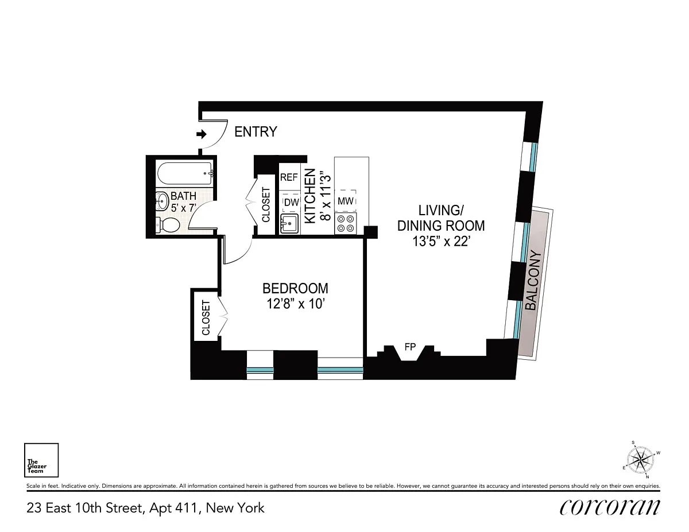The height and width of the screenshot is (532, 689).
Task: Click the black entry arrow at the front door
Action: (202, 134)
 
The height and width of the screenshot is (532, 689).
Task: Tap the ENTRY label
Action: (256, 132)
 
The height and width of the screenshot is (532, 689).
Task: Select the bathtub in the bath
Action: (185, 173)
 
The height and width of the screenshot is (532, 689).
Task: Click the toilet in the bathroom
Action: (168, 225)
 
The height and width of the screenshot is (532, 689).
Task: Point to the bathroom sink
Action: (162, 201)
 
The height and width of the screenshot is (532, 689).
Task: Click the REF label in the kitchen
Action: (289, 177)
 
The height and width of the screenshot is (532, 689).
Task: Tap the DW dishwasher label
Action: (292, 203)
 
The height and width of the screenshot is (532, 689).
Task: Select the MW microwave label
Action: (345, 201)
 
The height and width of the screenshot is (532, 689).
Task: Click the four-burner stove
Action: (346, 223)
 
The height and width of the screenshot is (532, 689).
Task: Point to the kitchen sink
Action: (289, 224)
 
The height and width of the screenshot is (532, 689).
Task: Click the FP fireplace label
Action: (410, 347)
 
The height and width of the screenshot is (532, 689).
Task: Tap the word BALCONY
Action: (534, 280)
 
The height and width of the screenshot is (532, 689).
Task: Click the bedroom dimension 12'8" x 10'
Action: (296, 304)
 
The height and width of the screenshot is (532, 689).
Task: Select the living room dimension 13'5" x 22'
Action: (441, 242)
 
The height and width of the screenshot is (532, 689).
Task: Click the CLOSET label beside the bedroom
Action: (206, 318)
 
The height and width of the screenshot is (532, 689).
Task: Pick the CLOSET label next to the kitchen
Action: (266, 205)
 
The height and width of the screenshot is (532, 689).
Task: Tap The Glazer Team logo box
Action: (41, 460)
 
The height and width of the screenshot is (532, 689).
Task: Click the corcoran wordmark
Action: (610, 508)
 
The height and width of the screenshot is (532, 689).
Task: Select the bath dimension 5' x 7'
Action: (184, 208)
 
